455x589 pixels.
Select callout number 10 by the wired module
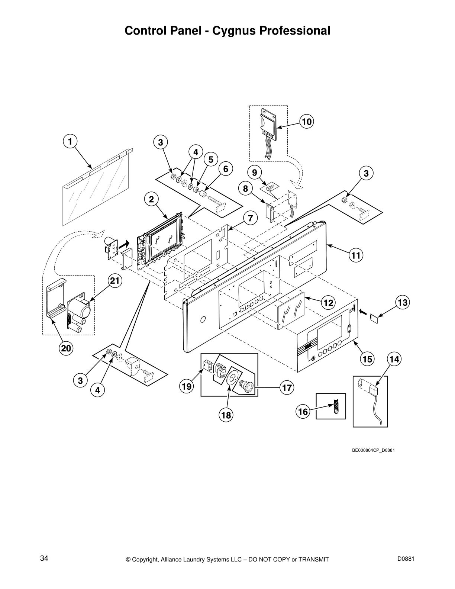(307, 122)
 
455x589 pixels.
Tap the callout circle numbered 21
(115, 281)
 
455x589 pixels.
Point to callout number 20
(66, 348)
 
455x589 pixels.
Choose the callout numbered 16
(303, 412)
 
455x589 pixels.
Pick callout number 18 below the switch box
(226, 415)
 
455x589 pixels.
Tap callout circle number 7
(251, 218)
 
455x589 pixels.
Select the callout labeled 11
(356, 255)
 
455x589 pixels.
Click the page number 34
(44, 558)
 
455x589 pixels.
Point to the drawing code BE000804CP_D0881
(373, 450)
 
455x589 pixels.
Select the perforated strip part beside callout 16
(337, 406)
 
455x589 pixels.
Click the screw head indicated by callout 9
(270, 185)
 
